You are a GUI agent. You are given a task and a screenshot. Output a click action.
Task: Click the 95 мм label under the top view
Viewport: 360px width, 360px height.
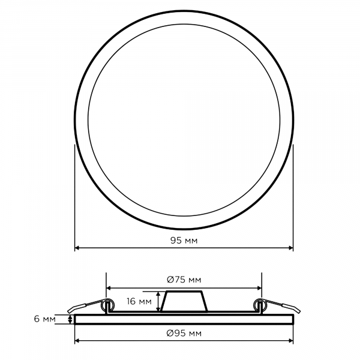click(184, 241)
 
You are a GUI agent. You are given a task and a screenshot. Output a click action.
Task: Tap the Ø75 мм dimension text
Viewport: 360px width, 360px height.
click(184, 280)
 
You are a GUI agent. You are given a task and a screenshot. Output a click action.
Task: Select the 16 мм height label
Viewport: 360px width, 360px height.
click(139, 301)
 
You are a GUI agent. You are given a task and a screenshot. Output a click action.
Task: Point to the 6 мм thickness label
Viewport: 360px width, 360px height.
click(45, 319)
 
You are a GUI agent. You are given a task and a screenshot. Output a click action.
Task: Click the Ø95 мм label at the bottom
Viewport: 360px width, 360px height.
click(184, 333)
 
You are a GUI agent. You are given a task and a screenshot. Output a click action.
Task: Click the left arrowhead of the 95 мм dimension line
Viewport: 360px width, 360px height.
click(77, 248)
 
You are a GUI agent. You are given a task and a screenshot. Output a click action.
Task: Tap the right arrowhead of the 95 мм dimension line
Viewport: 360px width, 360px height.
click(291, 248)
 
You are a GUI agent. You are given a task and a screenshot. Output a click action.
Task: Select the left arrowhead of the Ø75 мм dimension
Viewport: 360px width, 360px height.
click(109, 288)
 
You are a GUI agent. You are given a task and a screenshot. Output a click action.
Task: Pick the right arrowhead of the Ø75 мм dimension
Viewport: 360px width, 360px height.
click(259, 288)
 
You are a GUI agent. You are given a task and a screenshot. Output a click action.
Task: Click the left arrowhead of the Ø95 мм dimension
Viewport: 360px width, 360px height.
click(77, 341)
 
